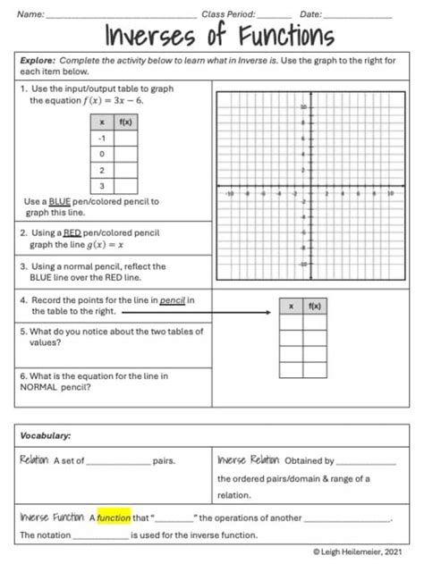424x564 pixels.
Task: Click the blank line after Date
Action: (x=357, y=15)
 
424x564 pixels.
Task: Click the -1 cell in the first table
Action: (x=102, y=138)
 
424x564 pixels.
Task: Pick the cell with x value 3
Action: (x=102, y=185)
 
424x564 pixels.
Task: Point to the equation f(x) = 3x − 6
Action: (x=113, y=101)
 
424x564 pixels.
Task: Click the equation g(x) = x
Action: (x=103, y=244)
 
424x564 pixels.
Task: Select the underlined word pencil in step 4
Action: (x=173, y=299)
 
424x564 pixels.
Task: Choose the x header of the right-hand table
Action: (x=291, y=306)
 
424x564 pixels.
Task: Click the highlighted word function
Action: (x=114, y=517)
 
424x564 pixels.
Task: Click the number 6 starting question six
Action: (x=22, y=377)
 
